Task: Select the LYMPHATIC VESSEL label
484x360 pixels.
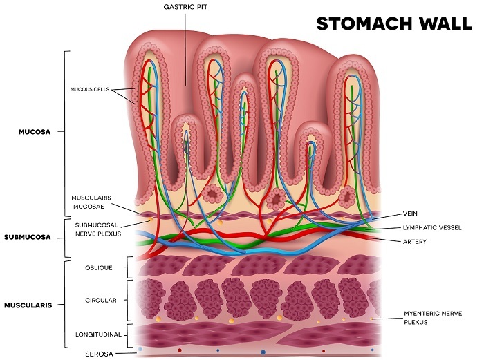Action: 431,227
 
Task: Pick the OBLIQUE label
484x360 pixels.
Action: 98,267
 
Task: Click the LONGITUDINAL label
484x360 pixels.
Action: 98,334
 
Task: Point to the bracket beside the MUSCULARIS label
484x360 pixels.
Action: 66,304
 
